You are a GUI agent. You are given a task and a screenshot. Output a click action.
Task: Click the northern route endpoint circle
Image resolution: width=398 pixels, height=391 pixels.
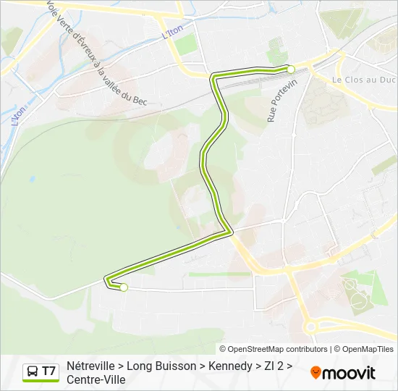(x=291, y=70)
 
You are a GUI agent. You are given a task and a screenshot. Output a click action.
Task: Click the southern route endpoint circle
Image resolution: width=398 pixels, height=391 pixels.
(x=124, y=287)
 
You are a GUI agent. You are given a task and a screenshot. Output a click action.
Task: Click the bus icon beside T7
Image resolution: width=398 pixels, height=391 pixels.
(x=33, y=372)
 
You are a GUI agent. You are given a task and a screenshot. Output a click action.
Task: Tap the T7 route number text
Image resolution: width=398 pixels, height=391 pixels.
(x=48, y=372)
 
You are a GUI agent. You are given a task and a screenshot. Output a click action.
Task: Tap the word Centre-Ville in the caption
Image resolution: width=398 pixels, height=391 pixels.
(x=96, y=379)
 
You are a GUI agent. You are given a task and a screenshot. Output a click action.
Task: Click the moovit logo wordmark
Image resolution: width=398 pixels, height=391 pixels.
(x=349, y=373)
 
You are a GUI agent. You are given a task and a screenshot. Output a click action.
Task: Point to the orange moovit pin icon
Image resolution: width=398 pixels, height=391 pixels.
(x=315, y=373)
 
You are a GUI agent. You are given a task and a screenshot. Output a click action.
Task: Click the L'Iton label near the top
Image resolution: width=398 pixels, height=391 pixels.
(x=172, y=30)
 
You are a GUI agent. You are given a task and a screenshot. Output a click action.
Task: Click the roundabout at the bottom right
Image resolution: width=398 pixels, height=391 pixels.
(x=310, y=327)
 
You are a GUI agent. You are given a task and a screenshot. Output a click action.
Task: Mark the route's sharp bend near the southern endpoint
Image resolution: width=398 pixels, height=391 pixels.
(x=106, y=280)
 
